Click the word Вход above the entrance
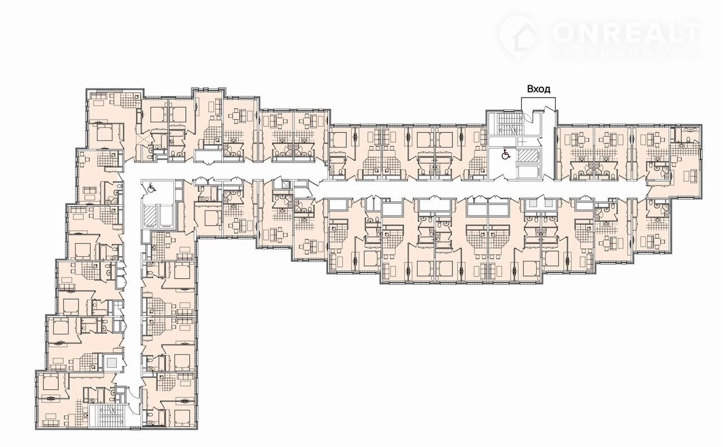[538, 89]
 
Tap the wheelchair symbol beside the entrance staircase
[506, 155]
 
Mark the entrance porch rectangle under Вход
[538, 104]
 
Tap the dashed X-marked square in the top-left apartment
[143, 139]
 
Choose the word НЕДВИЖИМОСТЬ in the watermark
[626, 55]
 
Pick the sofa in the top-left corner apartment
[100, 96]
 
